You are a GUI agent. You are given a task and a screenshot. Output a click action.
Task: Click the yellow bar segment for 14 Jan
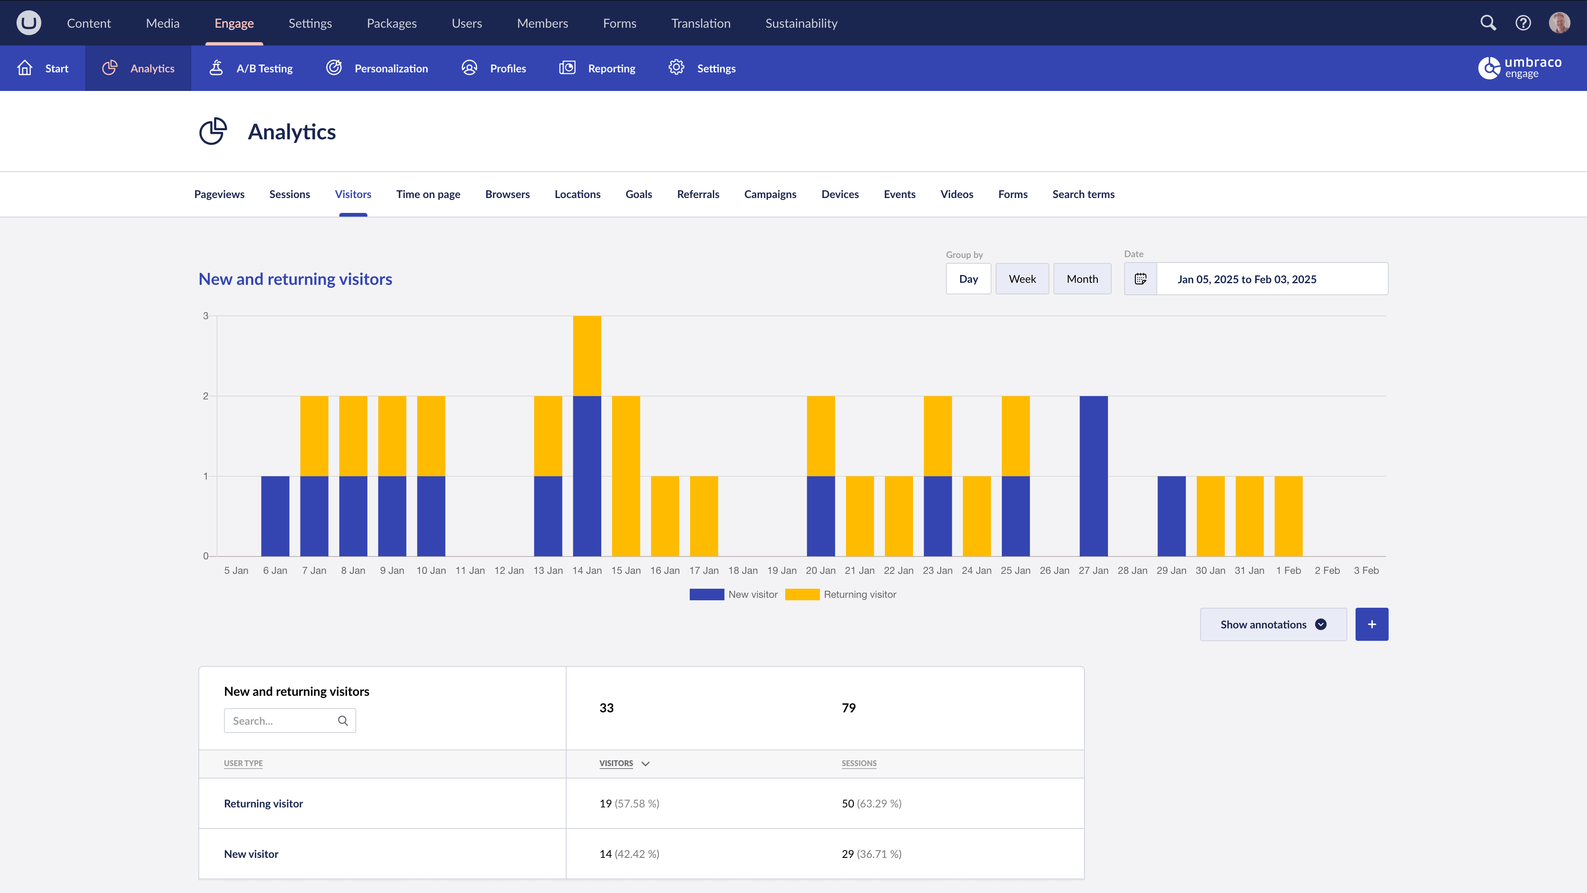586,356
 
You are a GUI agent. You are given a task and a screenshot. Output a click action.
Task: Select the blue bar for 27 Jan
1094,476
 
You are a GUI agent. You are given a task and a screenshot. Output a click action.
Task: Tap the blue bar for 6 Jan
275,516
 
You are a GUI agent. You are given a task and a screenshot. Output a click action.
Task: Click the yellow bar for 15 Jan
626,476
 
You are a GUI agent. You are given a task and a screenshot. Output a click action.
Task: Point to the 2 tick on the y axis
206,396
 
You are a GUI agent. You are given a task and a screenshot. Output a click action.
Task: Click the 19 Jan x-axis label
781,571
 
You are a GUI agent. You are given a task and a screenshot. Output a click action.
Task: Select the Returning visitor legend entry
841,594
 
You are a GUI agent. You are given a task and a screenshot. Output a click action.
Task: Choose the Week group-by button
1022,279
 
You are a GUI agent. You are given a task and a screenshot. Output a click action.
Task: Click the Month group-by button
1082,279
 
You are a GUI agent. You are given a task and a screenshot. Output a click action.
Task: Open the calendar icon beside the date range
1140,279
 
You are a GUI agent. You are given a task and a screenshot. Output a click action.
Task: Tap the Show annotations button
1273,624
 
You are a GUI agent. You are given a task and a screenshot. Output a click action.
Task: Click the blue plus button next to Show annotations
1371,624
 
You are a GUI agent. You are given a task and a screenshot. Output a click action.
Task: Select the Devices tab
840,194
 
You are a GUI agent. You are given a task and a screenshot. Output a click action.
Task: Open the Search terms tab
1083,194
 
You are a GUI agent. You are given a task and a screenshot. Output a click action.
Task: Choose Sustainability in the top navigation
801,24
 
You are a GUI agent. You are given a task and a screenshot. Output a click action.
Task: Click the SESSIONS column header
859,763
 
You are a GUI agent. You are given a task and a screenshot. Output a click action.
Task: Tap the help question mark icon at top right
1523,24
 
